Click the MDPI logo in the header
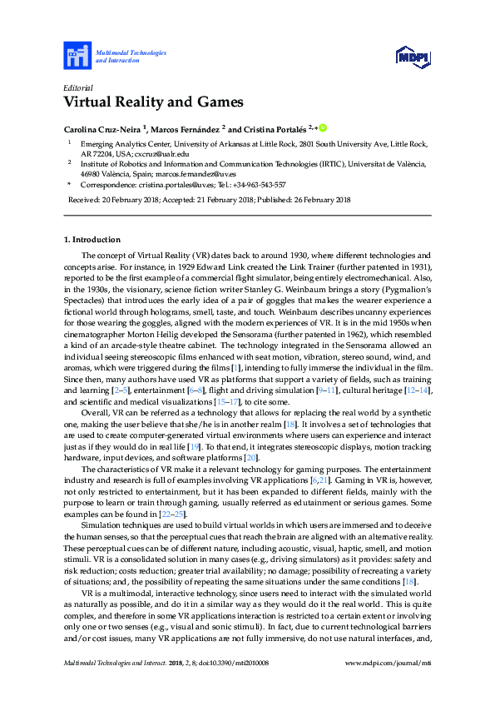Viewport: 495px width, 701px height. pyautogui.click(x=411, y=57)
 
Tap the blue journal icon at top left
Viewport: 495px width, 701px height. pyautogui.click(x=77, y=57)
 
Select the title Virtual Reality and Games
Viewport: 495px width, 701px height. pyautogui.click(x=153, y=103)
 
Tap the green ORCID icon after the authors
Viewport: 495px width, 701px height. pyautogui.click(x=323, y=128)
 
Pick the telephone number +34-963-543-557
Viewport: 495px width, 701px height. pyautogui.click(x=258, y=185)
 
